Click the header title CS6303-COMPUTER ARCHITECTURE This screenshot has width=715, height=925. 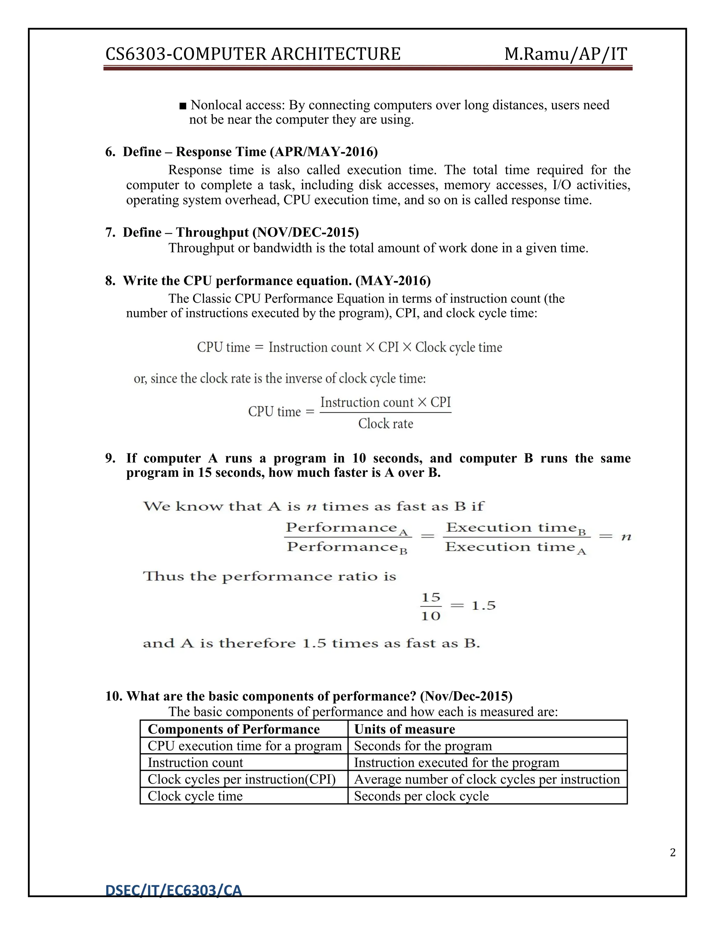point(252,54)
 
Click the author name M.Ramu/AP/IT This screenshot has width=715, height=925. point(566,54)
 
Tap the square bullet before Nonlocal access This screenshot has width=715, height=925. point(183,105)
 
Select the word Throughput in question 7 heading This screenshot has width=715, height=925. point(212,232)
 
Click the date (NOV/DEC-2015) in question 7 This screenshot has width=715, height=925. point(305,232)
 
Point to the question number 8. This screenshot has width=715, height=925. point(110,281)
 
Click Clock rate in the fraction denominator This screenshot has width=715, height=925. point(385,423)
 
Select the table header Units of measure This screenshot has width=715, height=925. point(405,729)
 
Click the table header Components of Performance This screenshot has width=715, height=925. point(234,729)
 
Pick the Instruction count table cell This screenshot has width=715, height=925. point(195,762)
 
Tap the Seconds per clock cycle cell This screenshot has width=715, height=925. point(421,796)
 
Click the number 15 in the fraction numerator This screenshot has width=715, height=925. point(431,597)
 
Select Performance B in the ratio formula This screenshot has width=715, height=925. point(346,548)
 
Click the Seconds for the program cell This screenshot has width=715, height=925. point(423,746)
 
